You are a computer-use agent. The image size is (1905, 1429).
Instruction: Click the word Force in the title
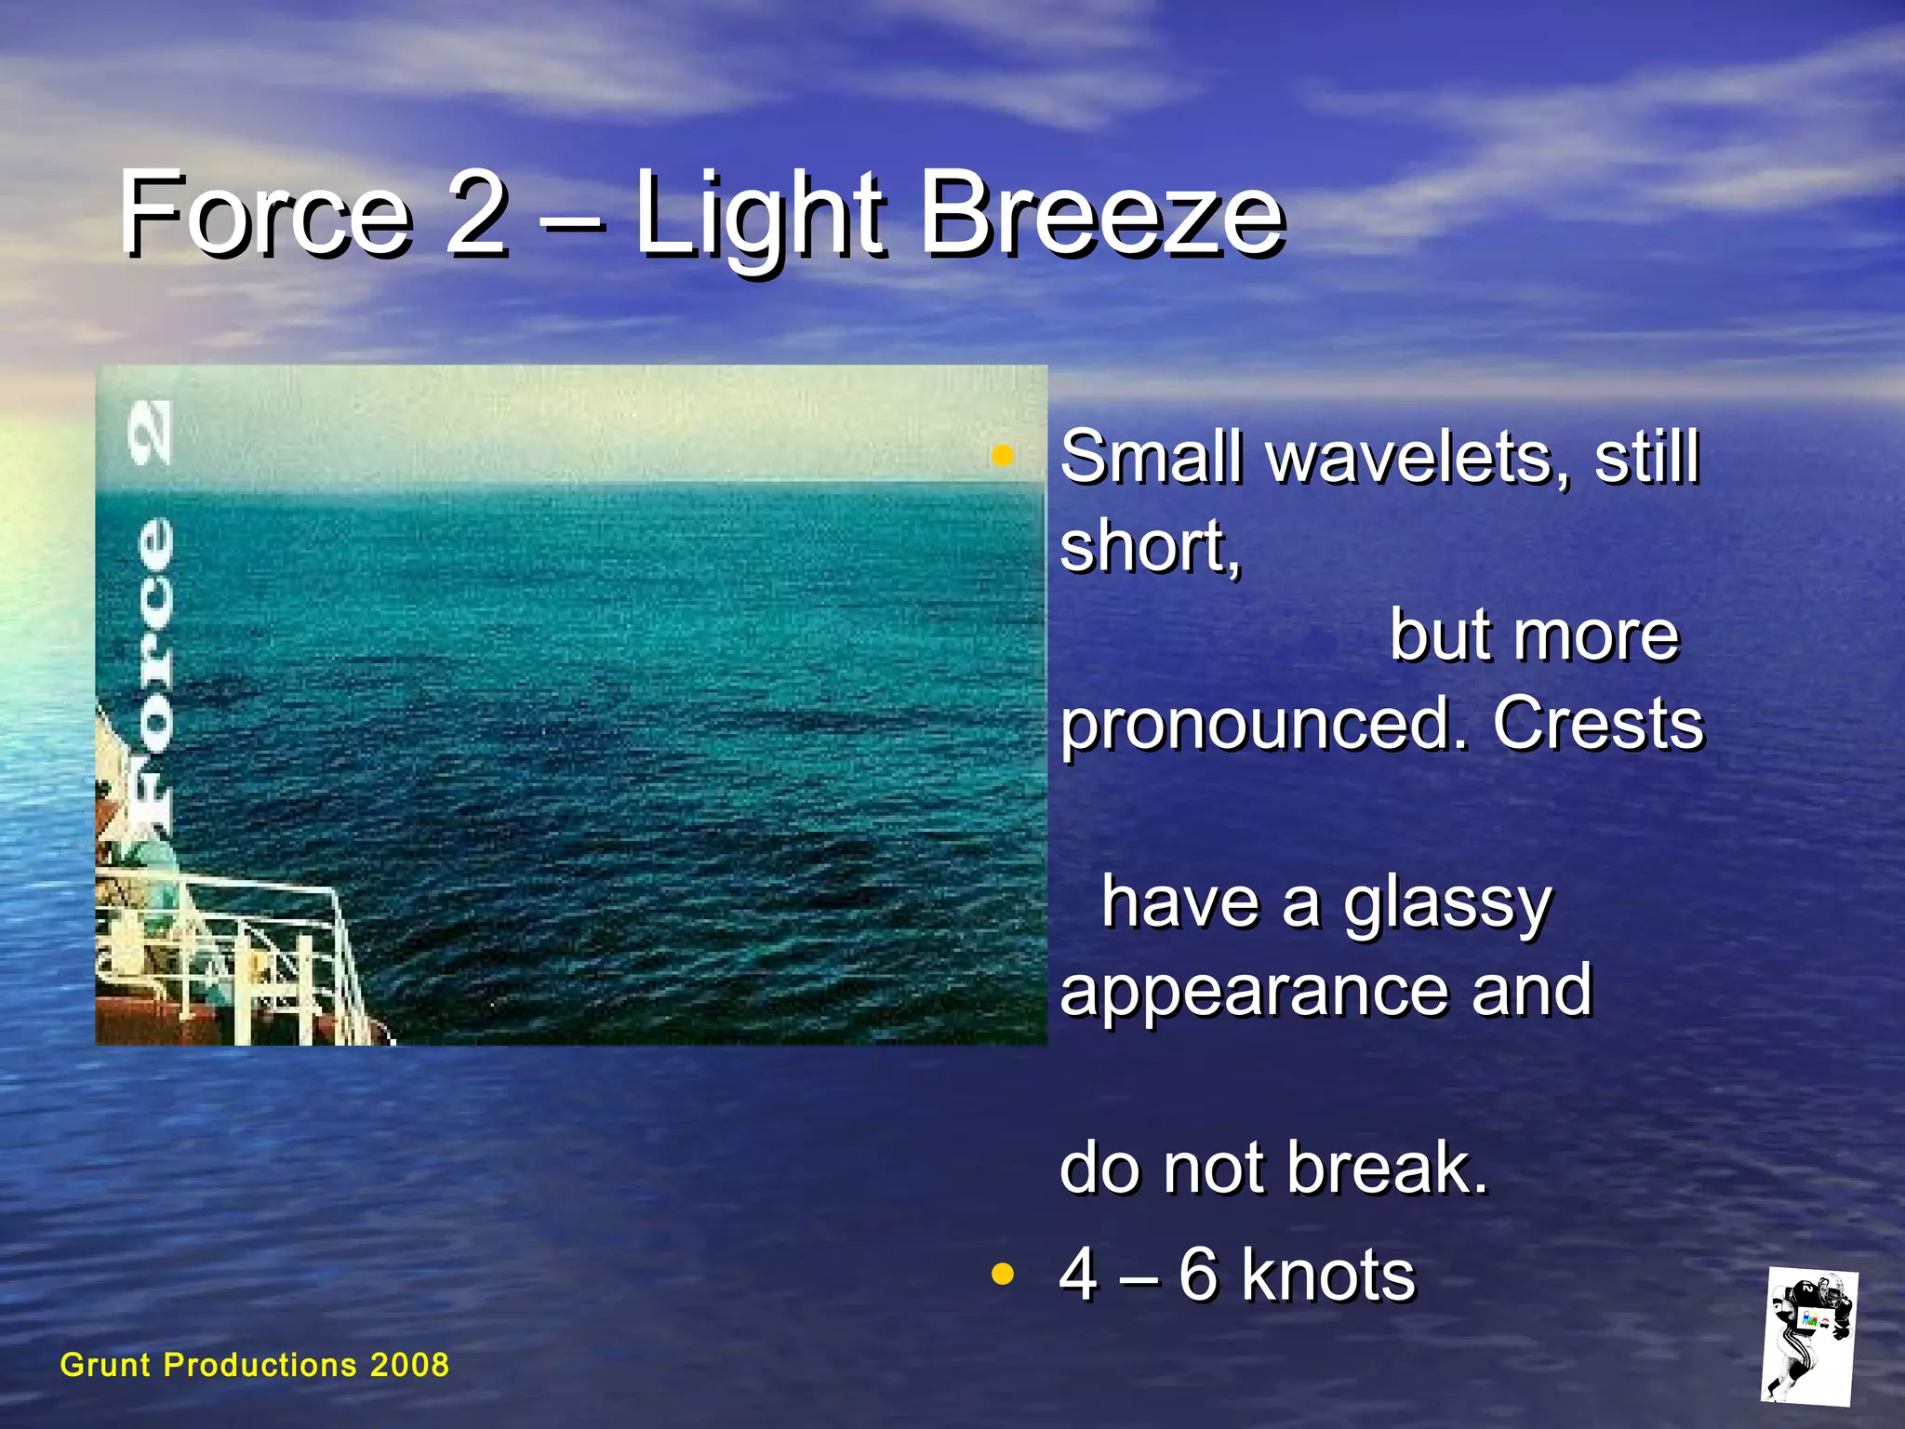tap(265, 216)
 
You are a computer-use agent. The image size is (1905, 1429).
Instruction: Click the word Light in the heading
tap(758, 219)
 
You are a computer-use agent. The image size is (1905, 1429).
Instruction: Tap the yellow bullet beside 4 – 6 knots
tap(1002, 1274)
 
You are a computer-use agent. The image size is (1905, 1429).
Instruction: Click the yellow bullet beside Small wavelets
tap(1002, 456)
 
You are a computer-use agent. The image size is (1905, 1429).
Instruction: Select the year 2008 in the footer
tap(409, 1365)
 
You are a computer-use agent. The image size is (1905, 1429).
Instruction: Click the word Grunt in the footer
tap(105, 1365)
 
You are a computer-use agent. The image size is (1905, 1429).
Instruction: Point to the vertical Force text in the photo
tap(151, 670)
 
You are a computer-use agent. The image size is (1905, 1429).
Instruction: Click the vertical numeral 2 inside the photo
tap(150, 433)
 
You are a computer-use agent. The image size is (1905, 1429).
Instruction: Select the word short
tap(1149, 547)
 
